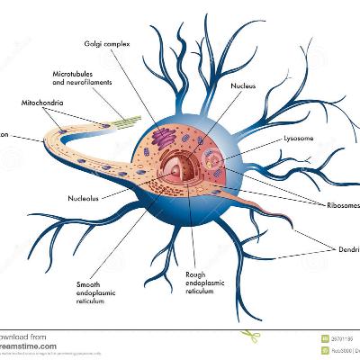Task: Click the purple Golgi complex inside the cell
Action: click(163, 138)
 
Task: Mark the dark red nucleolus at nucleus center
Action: click(184, 167)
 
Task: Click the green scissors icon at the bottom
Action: click(247, 336)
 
